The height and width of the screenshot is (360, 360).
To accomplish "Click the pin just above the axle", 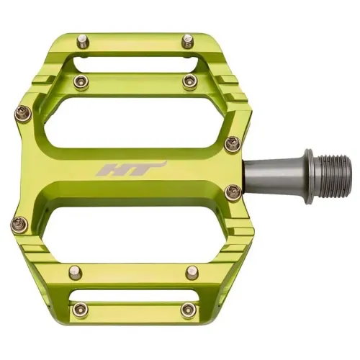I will pyautogui.click(x=231, y=145).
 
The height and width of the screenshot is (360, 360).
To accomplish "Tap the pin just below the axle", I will pyautogui.click(x=231, y=192).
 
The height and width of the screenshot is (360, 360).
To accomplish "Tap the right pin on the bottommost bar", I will pyautogui.click(x=189, y=310).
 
